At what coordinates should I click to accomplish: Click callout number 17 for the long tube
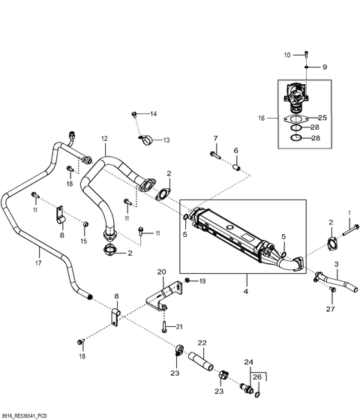click(x=38, y=262)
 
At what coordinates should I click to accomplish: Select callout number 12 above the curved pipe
click(x=104, y=139)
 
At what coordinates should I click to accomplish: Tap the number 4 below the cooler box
click(x=246, y=291)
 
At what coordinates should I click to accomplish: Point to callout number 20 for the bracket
click(x=161, y=271)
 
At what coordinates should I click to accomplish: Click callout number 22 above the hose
click(x=202, y=343)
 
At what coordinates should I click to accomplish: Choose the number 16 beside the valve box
click(x=262, y=118)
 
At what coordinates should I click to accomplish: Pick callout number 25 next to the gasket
click(x=322, y=118)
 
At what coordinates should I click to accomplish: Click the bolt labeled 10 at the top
click(x=307, y=54)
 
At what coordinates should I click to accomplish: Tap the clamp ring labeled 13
click(x=146, y=139)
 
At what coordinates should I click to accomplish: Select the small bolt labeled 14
click(x=134, y=115)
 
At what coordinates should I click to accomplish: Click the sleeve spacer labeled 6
click(x=236, y=167)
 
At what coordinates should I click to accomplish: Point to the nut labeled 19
click(x=187, y=280)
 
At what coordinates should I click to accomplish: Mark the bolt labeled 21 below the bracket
click(x=164, y=327)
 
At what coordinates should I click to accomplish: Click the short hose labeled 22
click(x=201, y=361)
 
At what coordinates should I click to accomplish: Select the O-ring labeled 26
click(x=257, y=394)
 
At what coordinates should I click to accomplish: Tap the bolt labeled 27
click(x=333, y=289)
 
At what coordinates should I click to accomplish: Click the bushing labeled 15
click(x=85, y=224)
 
